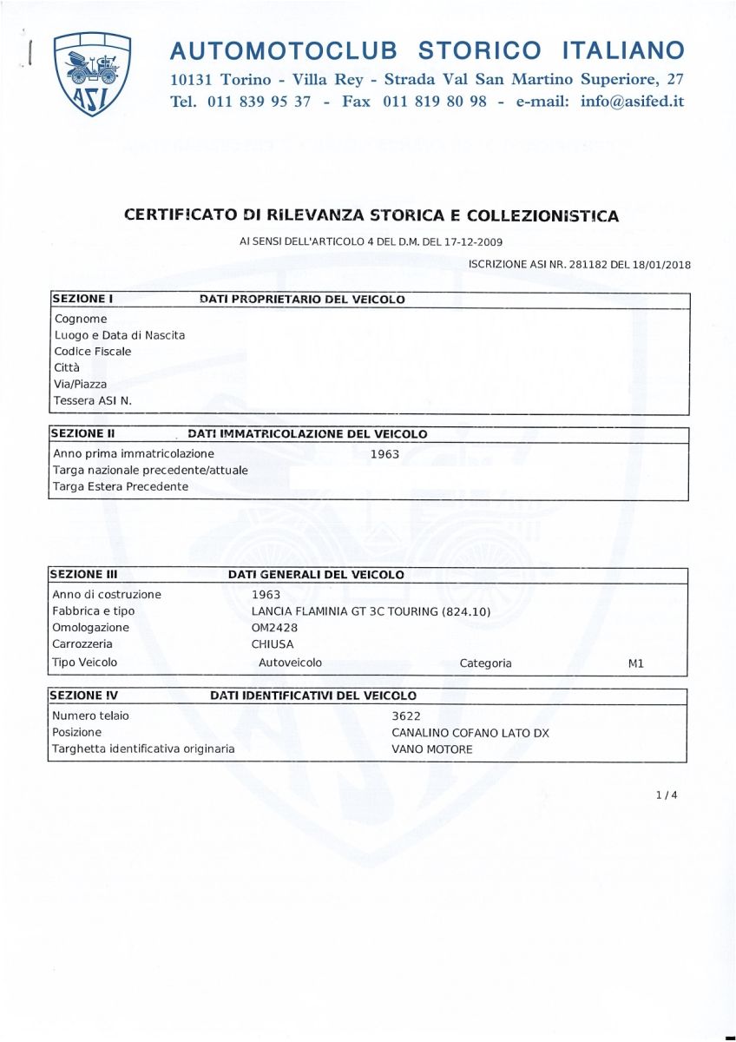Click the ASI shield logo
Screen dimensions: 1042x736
click(92, 74)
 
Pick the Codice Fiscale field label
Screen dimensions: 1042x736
click(93, 352)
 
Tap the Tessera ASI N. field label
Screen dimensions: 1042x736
click(93, 400)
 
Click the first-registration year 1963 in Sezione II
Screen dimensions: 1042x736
click(384, 453)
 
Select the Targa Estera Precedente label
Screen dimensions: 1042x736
click(121, 486)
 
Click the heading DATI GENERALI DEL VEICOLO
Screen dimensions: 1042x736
click(316, 575)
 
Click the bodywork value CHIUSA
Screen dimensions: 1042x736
click(273, 644)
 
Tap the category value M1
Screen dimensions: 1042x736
click(635, 663)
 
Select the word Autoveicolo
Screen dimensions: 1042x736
click(290, 663)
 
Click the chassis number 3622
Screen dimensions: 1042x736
click(407, 716)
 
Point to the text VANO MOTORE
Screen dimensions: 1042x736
click(432, 749)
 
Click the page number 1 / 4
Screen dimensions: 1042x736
click(667, 794)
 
